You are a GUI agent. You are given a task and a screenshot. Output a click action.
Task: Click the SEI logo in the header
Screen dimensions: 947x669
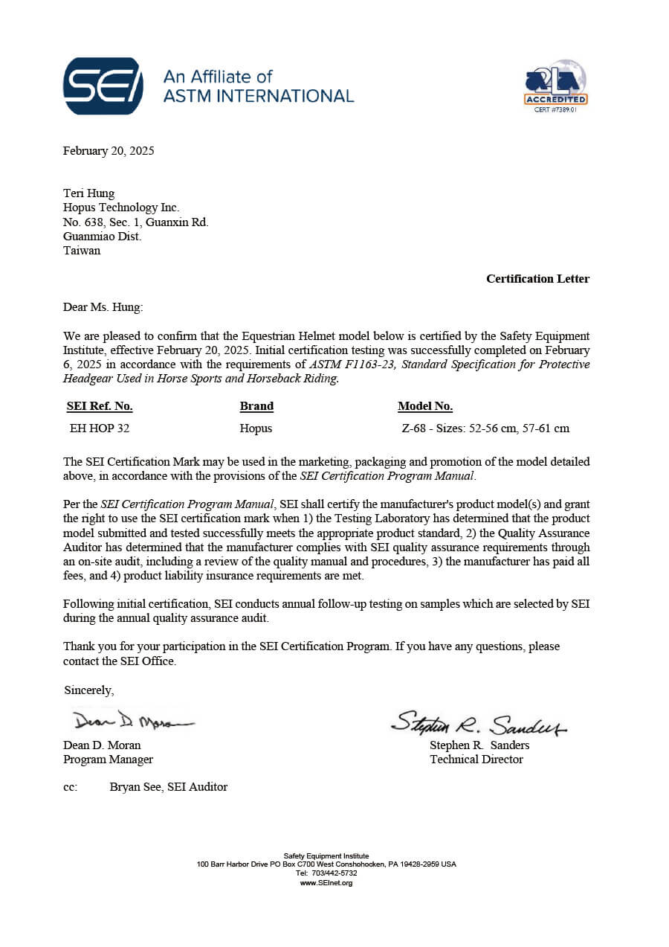pos(103,86)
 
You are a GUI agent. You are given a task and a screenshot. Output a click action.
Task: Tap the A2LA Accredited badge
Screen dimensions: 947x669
pos(556,86)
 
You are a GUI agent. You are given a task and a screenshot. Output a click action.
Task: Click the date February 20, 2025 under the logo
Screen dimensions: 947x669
pos(109,151)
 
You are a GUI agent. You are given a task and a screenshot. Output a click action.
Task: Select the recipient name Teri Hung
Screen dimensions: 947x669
pos(88,193)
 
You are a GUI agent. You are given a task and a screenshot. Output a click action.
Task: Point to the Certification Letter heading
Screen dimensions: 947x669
pos(537,279)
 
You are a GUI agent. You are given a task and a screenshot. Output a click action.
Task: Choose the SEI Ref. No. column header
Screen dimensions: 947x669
pos(100,406)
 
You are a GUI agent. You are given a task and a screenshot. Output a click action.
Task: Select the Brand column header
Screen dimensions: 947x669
pos(256,406)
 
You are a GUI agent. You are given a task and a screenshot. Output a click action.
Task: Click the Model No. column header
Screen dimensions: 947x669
pos(425,406)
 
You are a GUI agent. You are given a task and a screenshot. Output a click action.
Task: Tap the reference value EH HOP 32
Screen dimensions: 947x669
pos(100,428)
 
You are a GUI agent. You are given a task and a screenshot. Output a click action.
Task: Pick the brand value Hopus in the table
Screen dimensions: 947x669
pos(256,428)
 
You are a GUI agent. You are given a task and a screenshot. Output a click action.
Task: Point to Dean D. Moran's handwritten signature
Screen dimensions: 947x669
pos(132,721)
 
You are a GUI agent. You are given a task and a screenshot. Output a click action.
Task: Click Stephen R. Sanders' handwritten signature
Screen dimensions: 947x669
pos(479,722)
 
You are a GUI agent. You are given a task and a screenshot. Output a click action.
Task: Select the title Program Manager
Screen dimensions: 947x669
pos(108,760)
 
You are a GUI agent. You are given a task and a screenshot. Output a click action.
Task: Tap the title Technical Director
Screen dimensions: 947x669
pos(476,760)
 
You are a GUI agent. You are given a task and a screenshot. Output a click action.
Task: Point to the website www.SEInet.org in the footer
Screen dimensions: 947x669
pos(326,883)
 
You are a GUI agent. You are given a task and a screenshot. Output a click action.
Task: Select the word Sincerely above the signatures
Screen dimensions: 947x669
pos(88,690)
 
